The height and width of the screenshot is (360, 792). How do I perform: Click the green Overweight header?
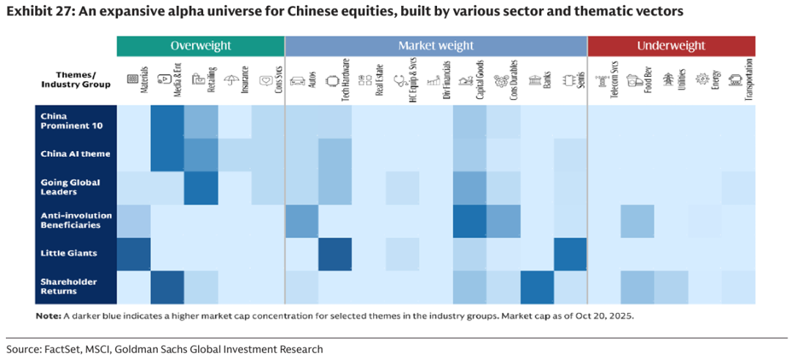pos(200,45)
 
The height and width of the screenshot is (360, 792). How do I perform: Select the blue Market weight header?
pos(436,45)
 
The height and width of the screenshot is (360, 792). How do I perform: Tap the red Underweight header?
pos(671,45)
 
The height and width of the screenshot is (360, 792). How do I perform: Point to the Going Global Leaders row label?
pos(70,187)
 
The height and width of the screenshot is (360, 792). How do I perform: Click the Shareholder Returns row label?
pos(69,286)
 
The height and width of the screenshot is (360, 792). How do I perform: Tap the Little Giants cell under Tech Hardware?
pos(335,254)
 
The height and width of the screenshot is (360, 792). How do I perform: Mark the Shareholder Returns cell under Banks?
pos(537,287)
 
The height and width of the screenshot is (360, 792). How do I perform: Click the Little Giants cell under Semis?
pos(571,254)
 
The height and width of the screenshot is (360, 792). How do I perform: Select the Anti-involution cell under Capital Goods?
pos(470,221)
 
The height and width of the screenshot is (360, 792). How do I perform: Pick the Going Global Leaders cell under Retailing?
pos(201,187)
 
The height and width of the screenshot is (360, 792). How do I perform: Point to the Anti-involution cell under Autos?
pos(301,221)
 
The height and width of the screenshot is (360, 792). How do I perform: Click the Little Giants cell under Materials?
pos(133,254)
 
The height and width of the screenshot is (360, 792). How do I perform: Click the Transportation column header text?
pos(748,80)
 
